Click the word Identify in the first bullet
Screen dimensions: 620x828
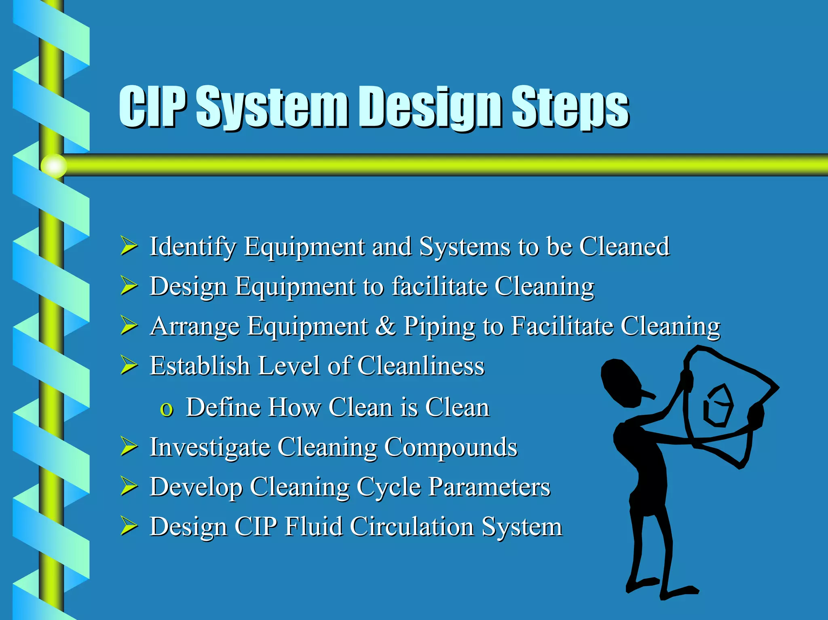[192, 246]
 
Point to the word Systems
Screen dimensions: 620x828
[465, 246]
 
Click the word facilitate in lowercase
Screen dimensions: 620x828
[440, 286]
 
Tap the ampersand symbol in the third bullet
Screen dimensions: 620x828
[385, 326]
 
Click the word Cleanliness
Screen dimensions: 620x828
[420, 365]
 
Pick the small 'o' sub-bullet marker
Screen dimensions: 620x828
[167, 409]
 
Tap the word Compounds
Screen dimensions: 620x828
[450, 447]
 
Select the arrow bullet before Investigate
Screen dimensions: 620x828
[129, 447]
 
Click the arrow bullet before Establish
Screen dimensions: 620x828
[129, 365]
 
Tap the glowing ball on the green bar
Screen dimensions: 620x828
[54, 166]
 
